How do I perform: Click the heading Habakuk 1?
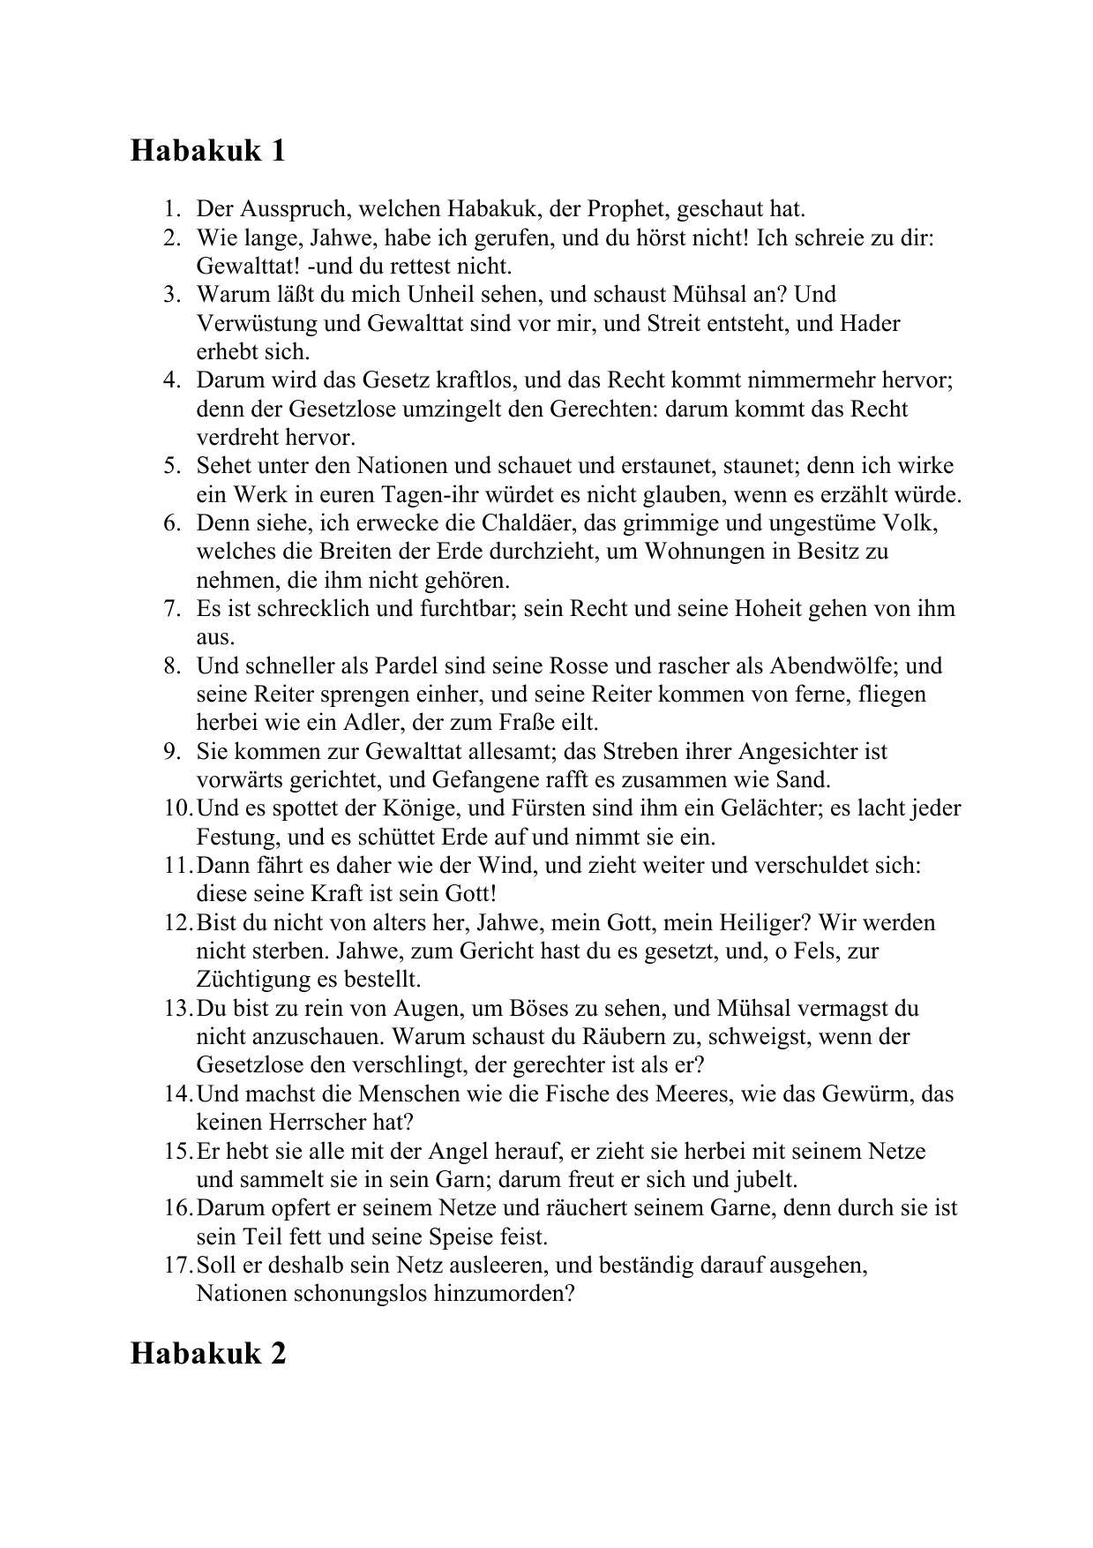point(208,150)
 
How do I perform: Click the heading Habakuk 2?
point(208,1353)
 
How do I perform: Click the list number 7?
point(172,609)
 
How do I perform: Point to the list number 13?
point(176,1008)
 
